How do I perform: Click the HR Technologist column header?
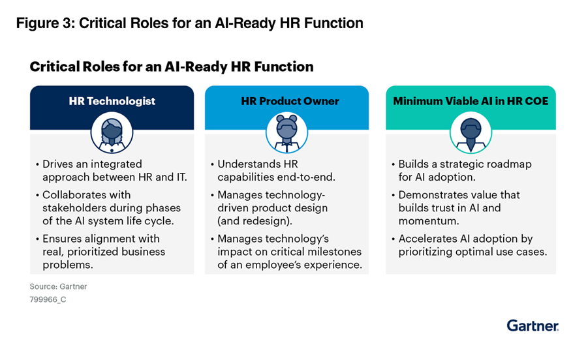112,101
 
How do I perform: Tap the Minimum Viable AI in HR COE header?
471,101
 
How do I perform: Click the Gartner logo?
533,325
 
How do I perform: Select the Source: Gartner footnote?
58,286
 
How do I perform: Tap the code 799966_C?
48,299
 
